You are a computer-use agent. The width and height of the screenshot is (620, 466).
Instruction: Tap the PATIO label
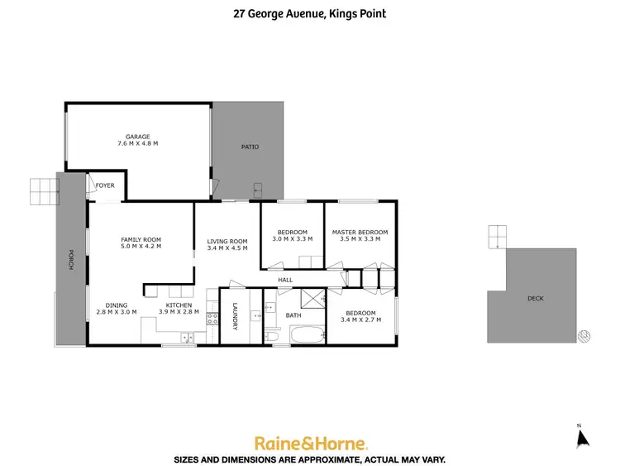click(x=250, y=147)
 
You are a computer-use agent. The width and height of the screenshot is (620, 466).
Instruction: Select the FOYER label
click(x=105, y=185)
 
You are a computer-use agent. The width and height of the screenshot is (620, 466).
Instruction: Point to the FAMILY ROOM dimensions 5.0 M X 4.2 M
click(x=141, y=246)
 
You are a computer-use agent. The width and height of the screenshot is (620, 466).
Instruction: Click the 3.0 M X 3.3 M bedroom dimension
click(x=292, y=238)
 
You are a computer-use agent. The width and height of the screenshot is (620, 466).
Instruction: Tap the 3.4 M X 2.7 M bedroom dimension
click(x=360, y=319)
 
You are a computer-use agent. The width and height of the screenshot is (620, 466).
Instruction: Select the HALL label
click(x=285, y=280)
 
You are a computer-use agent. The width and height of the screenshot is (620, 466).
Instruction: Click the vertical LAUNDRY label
click(x=236, y=315)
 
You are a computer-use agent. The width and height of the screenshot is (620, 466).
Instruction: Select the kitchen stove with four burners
click(x=212, y=317)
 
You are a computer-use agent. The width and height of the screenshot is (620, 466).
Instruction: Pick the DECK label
click(x=535, y=298)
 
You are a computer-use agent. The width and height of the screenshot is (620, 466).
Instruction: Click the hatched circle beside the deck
click(x=585, y=335)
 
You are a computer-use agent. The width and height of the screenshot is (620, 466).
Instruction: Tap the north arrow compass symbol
click(x=580, y=436)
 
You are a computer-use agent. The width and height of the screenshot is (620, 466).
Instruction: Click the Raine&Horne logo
click(x=310, y=442)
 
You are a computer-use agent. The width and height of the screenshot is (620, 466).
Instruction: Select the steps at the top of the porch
click(x=45, y=191)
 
